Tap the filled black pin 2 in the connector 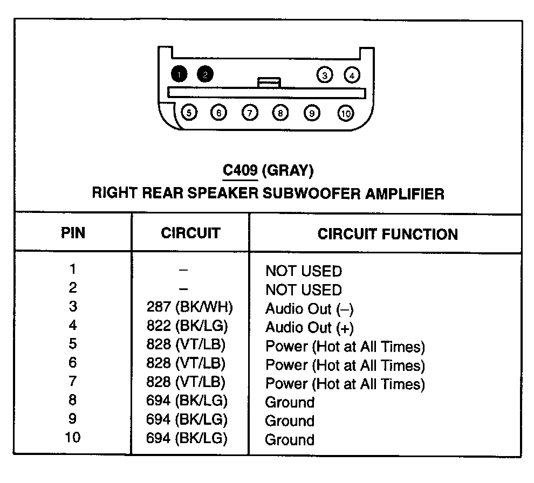pyautogui.click(x=205, y=74)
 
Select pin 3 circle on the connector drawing pyautogui.click(x=325, y=75)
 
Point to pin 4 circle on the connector pyautogui.click(x=352, y=75)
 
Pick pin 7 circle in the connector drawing pyautogui.click(x=250, y=113)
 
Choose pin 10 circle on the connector pyautogui.click(x=346, y=113)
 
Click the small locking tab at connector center pyautogui.click(x=269, y=82)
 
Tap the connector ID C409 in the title pyautogui.click(x=240, y=171)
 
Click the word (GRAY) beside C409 pyautogui.click(x=287, y=171)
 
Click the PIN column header pyautogui.click(x=73, y=233)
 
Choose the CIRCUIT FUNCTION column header pyautogui.click(x=387, y=234)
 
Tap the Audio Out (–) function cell pyautogui.click(x=309, y=309)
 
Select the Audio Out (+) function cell pyautogui.click(x=309, y=327)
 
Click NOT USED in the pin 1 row pyautogui.click(x=303, y=271)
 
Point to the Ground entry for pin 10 pyautogui.click(x=290, y=439)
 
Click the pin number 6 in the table pyautogui.click(x=73, y=363)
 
